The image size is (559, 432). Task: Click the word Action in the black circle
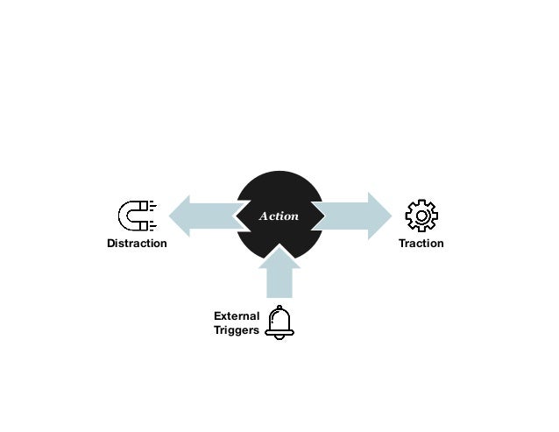[x=279, y=216]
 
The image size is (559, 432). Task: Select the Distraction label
[x=136, y=243]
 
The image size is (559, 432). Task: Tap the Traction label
[x=421, y=243]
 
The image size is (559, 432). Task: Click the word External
[x=237, y=315]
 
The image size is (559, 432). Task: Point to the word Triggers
[x=237, y=331]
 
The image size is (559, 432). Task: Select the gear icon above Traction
[x=421, y=216]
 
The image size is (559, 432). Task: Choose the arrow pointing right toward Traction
[x=350, y=216]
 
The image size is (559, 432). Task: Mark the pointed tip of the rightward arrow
[x=391, y=216]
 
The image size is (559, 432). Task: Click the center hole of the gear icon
[x=421, y=216]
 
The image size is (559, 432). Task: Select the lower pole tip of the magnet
[x=148, y=224]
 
